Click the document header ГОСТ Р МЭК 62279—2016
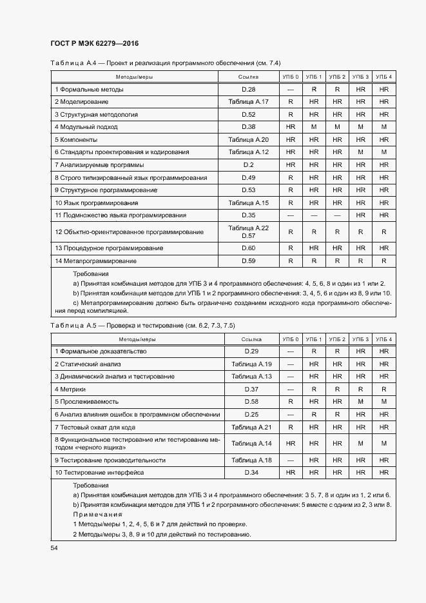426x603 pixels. tap(95, 44)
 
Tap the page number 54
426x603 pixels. tap(54, 548)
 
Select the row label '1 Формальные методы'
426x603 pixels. tap(89, 90)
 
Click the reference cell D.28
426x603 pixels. tap(249, 90)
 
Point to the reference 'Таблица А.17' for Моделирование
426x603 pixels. tap(249, 102)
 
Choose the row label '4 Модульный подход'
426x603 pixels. tap(86, 127)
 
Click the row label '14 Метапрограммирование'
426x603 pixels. tap(96, 261)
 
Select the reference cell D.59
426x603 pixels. tap(249, 261)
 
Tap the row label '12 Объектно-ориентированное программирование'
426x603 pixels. tap(130, 232)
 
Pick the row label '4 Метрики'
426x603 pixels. tap(70, 390)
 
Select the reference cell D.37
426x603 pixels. tap(251, 390)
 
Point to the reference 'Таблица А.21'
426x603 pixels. tap(251, 427)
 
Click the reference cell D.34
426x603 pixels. tap(251, 473)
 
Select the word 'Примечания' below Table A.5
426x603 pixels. tap(97, 515)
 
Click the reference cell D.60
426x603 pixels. tap(249, 248)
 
